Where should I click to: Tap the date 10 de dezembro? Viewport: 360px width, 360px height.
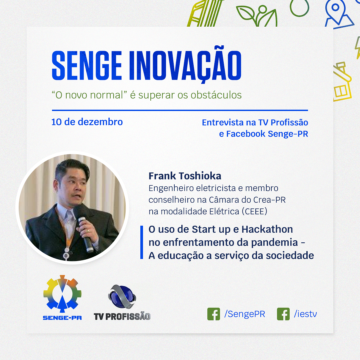tap(87, 122)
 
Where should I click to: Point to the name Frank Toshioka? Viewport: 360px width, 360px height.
tap(185, 176)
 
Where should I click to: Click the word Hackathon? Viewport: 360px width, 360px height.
tap(267, 229)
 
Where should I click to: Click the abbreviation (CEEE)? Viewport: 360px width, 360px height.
tap(255, 211)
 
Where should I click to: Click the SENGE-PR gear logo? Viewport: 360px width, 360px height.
tap(62, 294)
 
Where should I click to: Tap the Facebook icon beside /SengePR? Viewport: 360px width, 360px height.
tap(214, 314)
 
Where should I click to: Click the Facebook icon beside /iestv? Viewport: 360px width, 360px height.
tap(283, 314)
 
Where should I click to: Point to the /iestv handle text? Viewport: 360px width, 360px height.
tap(305, 314)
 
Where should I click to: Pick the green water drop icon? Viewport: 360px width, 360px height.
tap(299, 8)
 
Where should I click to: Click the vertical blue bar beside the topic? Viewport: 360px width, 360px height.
tap(142, 242)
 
